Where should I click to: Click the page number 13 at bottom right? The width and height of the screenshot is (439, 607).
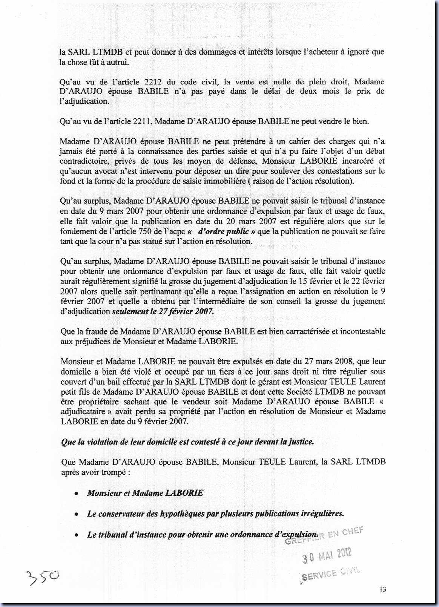point(383,590)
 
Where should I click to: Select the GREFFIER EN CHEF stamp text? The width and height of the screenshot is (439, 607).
point(324,536)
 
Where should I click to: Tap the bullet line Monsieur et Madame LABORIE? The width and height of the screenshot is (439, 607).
point(145,493)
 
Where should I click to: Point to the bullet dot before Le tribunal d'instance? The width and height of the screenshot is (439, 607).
point(77,535)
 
